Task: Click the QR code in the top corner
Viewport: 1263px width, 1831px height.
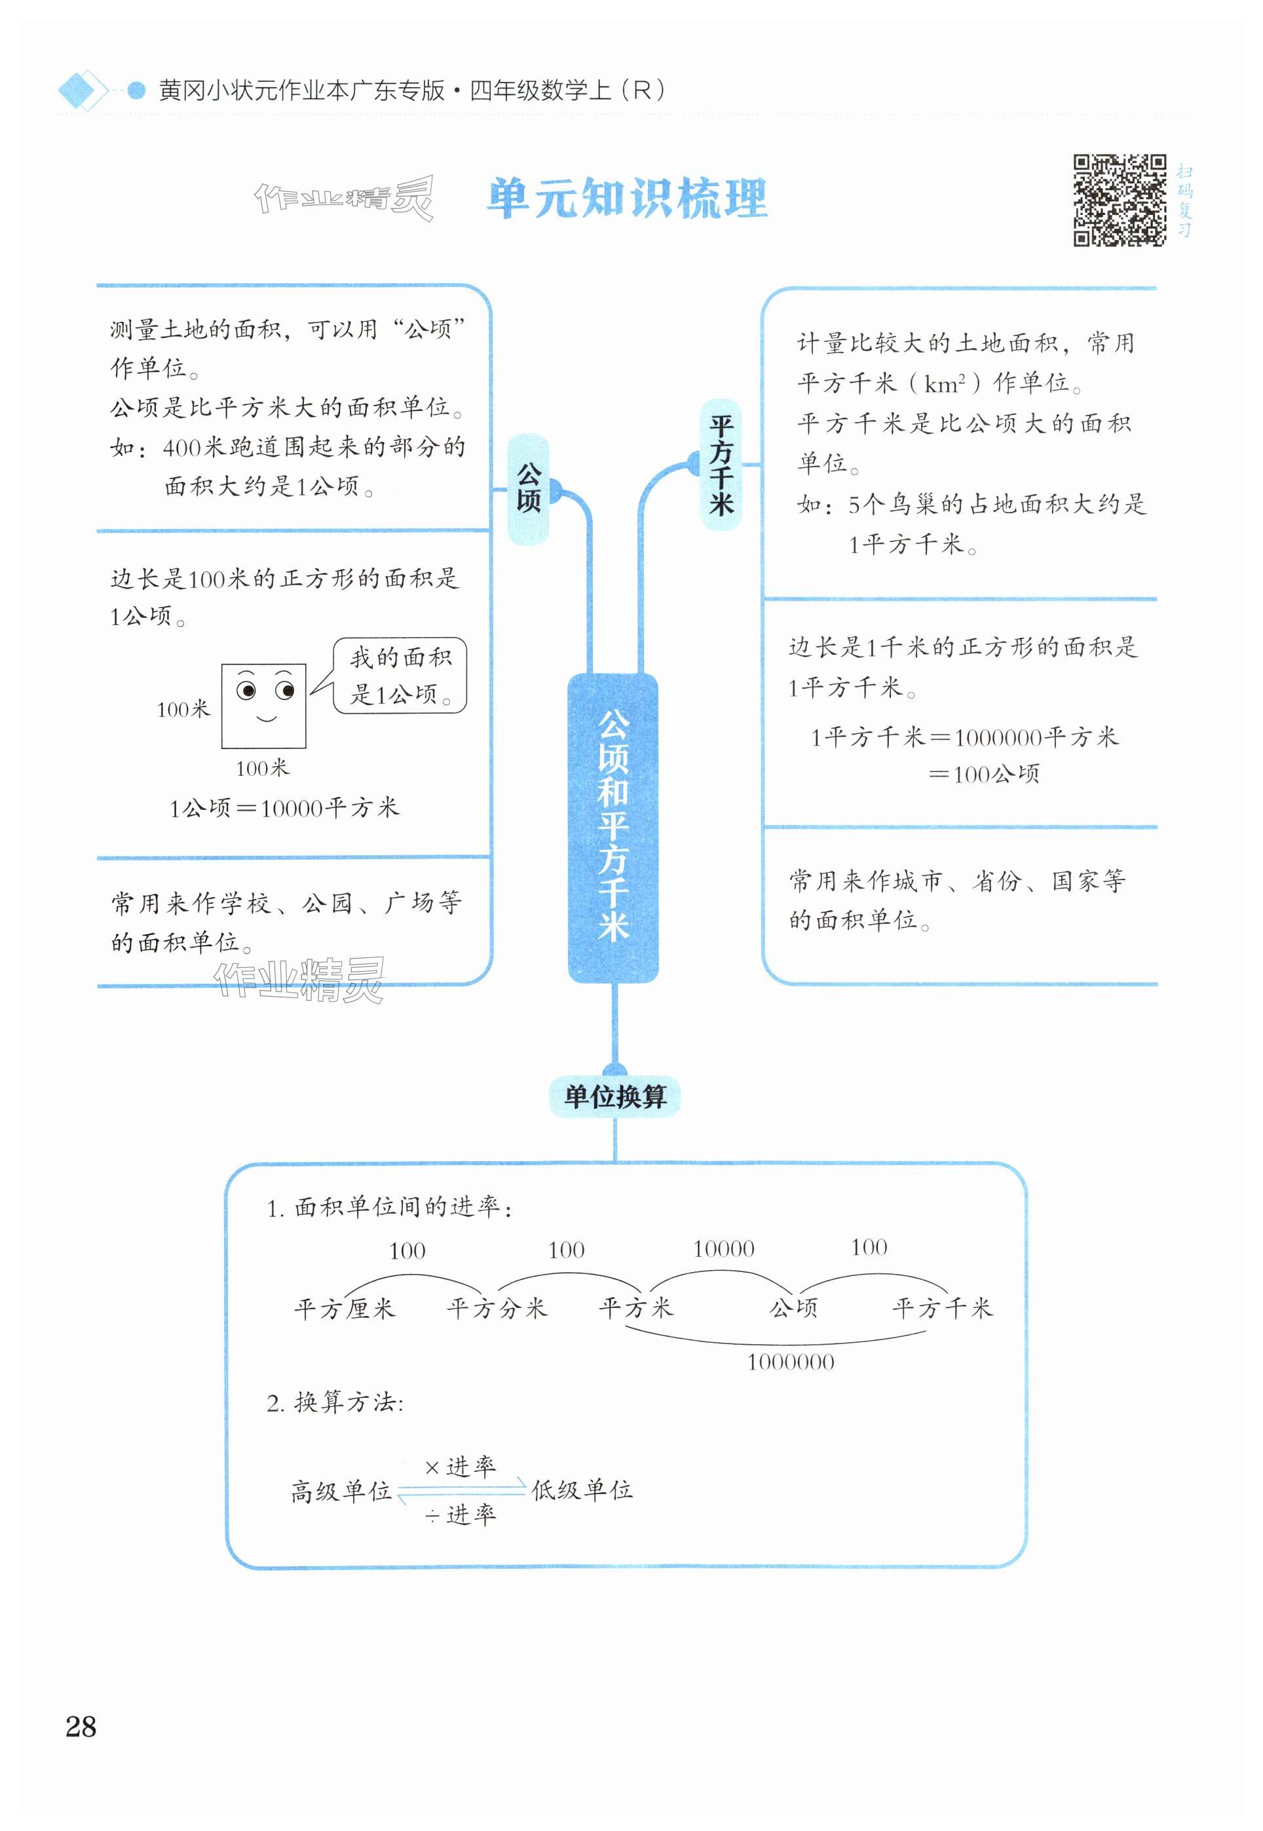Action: click(1119, 201)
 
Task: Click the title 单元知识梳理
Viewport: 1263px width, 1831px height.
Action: click(627, 198)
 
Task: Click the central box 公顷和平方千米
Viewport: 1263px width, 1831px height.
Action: click(613, 826)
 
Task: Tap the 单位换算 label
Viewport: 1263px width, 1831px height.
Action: click(615, 1096)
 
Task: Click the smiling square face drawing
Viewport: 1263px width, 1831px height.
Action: click(263, 706)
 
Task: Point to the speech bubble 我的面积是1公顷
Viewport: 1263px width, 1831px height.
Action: click(400, 675)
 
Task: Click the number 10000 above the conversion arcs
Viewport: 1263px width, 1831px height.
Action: click(723, 1249)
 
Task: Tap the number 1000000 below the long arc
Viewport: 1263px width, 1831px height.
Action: click(791, 1362)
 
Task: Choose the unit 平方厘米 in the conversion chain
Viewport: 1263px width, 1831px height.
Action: click(343, 1309)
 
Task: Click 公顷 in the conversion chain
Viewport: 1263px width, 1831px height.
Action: click(794, 1308)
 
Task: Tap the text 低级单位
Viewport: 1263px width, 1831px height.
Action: click(582, 1490)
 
